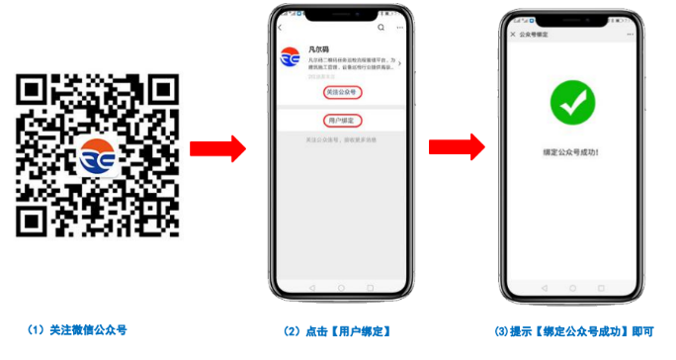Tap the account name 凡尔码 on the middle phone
click(319, 47)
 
